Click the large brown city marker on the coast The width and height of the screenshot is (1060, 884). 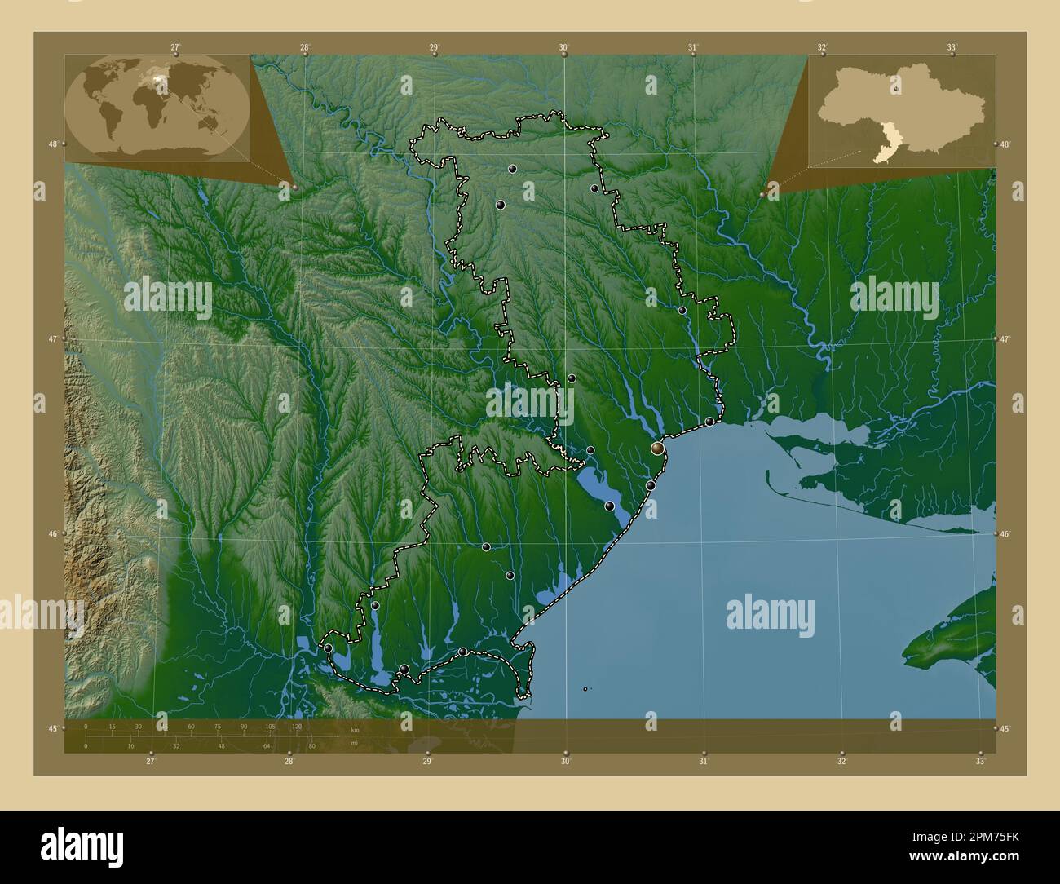click(657, 448)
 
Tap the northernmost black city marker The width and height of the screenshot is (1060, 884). click(512, 169)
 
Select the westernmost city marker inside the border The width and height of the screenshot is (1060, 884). click(328, 648)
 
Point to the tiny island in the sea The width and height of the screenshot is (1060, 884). click(585, 689)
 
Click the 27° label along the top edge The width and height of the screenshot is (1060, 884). click(175, 47)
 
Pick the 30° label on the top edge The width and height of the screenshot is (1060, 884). click(563, 47)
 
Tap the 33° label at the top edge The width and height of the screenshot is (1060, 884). click(952, 47)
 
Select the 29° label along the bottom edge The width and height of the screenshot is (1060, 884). click(426, 762)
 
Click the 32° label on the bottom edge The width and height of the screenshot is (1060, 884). click(841, 762)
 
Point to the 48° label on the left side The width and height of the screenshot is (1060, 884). click(53, 144)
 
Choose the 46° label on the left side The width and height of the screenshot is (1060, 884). click(53, 534)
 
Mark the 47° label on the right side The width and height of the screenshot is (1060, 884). click(1006, 338)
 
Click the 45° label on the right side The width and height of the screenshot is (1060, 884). click(1006, 728)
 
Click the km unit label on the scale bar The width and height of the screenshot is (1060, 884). click(354, 729)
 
